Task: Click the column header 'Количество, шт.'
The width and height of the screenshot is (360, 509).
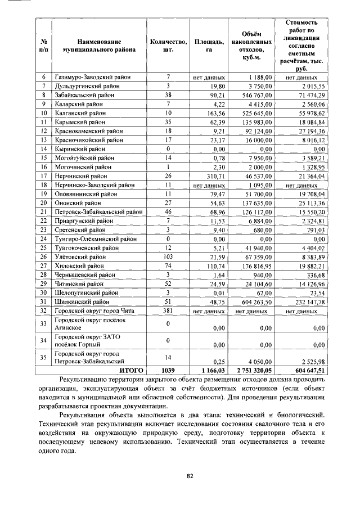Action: point(168,46)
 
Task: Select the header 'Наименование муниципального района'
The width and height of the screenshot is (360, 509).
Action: point(100,46)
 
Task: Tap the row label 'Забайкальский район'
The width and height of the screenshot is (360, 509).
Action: point(78,96)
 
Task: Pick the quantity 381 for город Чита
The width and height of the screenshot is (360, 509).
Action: point(168,310)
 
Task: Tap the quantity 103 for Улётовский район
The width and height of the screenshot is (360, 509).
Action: point(168,256)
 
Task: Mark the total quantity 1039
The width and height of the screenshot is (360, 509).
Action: point(168,371)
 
